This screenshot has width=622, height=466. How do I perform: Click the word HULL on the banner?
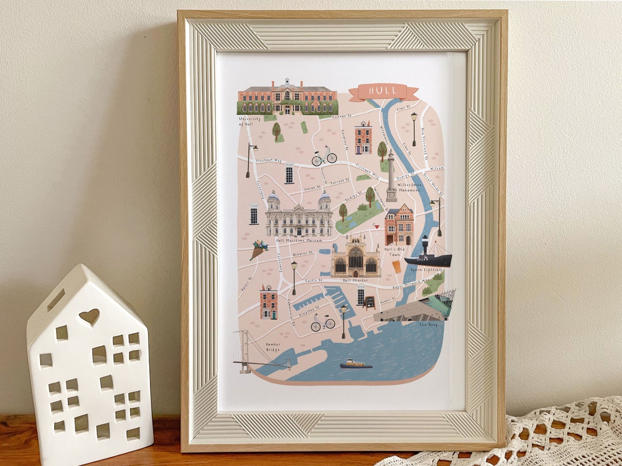click(x=382, y=91)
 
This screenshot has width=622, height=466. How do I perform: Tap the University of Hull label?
click(x=250, y=121)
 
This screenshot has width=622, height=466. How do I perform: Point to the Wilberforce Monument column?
click(x=391, y=175)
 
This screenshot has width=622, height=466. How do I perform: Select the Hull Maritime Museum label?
click(x=298, y=240)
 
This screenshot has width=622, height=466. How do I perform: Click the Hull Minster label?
click(x=355, y=280)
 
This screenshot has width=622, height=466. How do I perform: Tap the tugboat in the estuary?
click(x=355, y=364)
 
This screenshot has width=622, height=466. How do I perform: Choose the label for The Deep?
click(x=428, y=324)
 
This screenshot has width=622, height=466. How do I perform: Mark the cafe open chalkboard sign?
click(x=369, y=302)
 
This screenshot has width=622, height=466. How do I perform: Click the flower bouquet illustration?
click(x=259, y=249)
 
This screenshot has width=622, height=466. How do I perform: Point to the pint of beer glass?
click(x=397, y=266)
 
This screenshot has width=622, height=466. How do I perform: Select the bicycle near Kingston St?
click(x=323, y=323)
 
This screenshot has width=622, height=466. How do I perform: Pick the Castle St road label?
click(x=314, y=280)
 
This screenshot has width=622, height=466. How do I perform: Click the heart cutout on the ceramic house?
click(x=89, y=316)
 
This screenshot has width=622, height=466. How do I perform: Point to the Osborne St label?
click(x=302, y=254)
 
